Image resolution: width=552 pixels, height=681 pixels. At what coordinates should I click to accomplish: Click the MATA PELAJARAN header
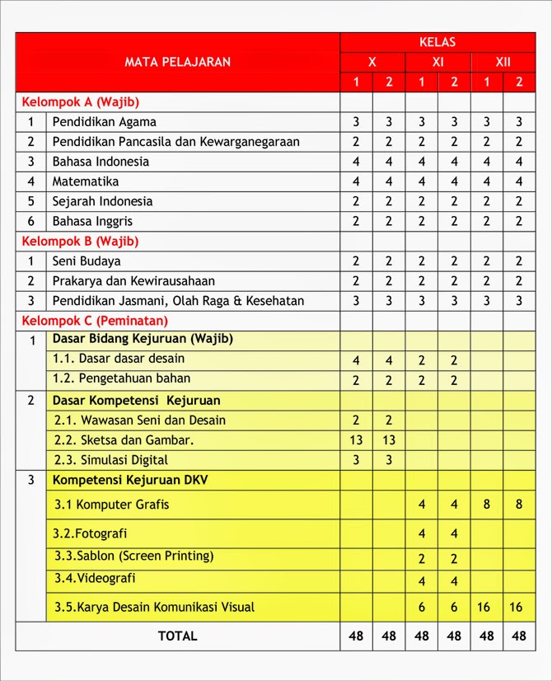(x=177, y=62)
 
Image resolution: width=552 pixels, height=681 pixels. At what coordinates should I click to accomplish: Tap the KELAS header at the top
(x=437, y=42)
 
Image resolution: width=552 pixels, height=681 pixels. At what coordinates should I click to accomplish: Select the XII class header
(x=503, y=62)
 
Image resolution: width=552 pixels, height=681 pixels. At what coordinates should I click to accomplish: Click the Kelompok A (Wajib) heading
(x=81, y=102)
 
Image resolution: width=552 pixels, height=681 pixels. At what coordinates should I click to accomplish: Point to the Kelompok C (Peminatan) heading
(x=95, y=320)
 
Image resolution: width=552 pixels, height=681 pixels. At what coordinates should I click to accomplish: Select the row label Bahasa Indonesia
(x=101, y=162)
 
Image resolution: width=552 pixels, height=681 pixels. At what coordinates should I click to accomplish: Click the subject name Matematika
(x=86, y=181)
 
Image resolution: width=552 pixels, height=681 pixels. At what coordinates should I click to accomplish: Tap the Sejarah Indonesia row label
(x=102, y=201)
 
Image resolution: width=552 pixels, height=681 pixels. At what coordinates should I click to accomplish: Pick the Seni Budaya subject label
(x=87, y=261)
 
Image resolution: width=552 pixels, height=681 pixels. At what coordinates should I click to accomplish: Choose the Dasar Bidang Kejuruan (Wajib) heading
(x=143, y=339)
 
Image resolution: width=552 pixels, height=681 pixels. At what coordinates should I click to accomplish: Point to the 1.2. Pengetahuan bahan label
(x=121, y=379)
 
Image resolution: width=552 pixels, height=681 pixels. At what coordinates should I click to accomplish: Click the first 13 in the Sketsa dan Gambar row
(x=356, y=440)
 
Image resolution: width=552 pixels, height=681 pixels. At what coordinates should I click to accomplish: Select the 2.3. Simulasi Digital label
(x=111, y=460)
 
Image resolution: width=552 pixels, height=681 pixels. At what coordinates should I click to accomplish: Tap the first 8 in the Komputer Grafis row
(x=487, y=504)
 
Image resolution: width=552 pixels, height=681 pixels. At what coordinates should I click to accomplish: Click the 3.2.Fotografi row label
(x=91, y=533)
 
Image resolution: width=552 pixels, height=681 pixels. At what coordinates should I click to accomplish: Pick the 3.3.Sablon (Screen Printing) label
(x=133, y=556)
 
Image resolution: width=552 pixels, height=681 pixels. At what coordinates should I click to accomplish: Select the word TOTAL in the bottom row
(x=177, y=636)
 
